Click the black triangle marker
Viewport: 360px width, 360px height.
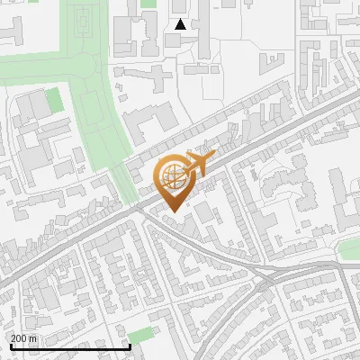(x=180, y=24)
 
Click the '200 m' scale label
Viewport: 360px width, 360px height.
(x=23, y=337)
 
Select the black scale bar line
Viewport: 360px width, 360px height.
(x=70, y=346)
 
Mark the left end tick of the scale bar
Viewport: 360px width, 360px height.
(x=11, y=345)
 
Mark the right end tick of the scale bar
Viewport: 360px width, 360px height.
(x=130, y=345)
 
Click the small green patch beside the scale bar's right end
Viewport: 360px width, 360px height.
(x=139, y=337)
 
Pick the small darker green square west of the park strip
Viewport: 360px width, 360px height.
(x=54, y=99)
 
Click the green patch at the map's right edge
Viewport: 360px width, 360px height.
(x=349, y=249)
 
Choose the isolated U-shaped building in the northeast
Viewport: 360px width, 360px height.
(x=271, y=60)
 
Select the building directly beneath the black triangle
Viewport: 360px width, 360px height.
(x=174, y=40)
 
